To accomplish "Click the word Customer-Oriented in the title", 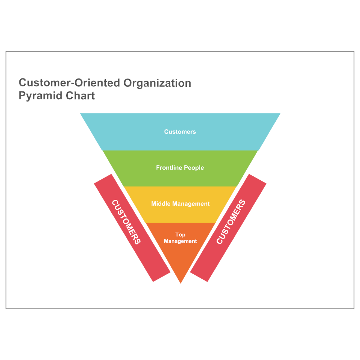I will [x=70, y=83].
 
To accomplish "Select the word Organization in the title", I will [x=157, y=83].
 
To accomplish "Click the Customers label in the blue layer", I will [x=180, y=132].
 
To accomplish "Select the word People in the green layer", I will [x=194, y=168].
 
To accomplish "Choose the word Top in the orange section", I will [x=180, y=235].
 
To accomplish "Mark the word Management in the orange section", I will [x=180, y=241].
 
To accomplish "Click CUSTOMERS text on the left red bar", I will [x=126, y=222].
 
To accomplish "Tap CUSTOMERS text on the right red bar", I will [x=231, y=222].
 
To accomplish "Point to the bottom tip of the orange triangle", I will [x=180, y=282].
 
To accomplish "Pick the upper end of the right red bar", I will [x=257, y=179].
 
